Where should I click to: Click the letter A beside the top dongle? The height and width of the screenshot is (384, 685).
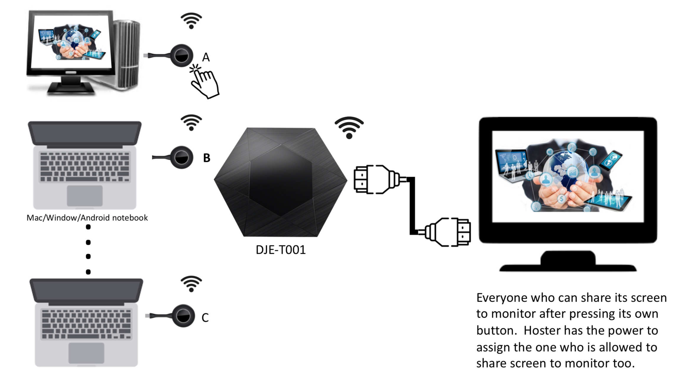coord(206,57)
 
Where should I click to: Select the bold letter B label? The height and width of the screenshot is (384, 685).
coord(207,158)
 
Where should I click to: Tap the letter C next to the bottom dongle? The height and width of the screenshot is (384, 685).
coord(205,318)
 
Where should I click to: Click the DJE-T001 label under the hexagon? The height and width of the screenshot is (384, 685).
coord(280,250)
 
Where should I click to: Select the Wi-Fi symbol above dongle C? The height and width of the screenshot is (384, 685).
coord(191,284)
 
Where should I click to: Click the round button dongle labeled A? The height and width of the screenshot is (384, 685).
coord(181,56)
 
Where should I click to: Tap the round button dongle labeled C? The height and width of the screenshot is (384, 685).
coord(183,316)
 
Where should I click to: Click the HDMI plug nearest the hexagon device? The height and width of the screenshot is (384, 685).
coord(374,179)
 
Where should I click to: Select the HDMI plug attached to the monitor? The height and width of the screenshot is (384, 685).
coord(450,232)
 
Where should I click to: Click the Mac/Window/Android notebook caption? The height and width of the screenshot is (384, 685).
coord(87,218)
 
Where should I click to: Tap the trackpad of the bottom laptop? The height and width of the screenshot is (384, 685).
coord(86,353)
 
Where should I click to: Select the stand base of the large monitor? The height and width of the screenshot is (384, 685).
coord(568,263)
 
